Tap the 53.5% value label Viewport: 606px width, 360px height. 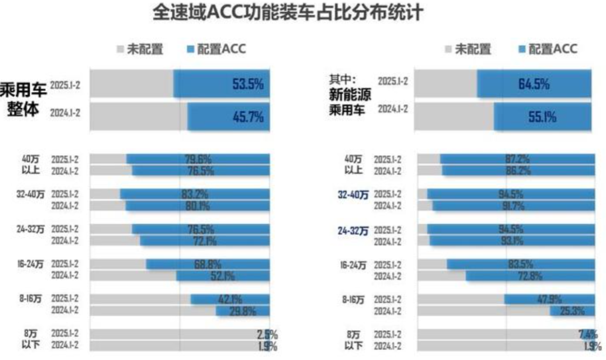(x=247, y=84)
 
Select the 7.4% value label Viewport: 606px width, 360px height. (x=587, y=335)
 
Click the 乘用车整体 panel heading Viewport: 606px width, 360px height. (x=23, y=100)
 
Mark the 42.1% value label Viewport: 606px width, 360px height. (x=229, y=299)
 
